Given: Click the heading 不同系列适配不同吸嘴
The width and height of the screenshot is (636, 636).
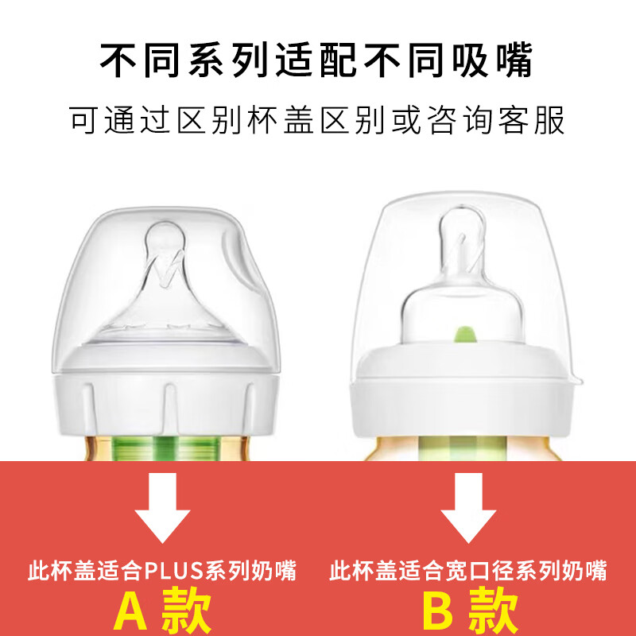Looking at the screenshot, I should tap(317, 60).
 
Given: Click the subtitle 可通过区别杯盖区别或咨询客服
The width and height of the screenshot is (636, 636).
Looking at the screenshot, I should tap(317, 122).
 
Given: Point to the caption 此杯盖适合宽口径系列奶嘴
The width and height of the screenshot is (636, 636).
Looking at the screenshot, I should tap(468, 570).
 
